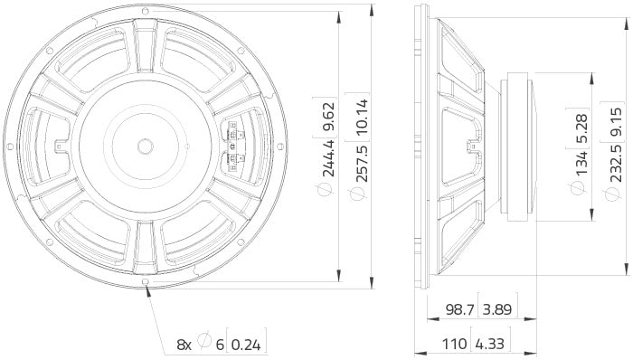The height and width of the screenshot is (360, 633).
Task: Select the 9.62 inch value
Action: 329,118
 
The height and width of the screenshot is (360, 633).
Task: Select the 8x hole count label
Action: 184,344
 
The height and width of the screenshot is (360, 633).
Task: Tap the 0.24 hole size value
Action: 249,344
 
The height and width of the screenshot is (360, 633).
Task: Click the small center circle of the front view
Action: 145,144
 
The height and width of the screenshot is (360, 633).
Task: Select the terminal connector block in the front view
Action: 233,145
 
